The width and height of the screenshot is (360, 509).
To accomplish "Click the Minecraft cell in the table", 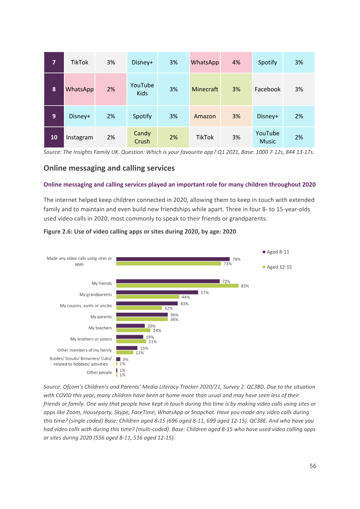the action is pos(205,89).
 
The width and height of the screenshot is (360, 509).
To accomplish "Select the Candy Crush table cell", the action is pos(142,137).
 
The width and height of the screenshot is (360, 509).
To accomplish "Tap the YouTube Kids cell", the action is pos(142,89).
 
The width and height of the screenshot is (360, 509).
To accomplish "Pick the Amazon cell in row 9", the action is pos(205,116).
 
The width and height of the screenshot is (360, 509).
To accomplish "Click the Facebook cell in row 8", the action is pos(267,89).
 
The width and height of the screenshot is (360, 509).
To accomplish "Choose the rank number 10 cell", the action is pos(54,137).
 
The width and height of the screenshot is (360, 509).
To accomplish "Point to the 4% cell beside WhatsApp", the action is pos(236,63).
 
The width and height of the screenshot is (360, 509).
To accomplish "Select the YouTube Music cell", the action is pos(267,137).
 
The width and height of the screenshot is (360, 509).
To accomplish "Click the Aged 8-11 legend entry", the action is pos(276,252).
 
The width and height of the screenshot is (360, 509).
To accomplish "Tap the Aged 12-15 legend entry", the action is pos(277,267).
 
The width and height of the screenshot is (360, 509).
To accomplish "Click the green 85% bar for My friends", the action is pos(177,286).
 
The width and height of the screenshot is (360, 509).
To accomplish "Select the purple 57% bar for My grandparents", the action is pos(157,292).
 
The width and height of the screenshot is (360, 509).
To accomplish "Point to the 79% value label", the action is pos(237,259).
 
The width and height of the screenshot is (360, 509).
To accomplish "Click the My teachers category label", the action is pos(100,328).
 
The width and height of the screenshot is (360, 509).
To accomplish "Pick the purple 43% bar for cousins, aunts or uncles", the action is pos(147,304).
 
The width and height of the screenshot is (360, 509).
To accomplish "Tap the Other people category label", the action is pos(99,372).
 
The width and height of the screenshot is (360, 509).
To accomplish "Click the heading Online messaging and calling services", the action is pos(109,168).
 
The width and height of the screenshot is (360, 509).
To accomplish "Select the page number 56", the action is pos(313,466).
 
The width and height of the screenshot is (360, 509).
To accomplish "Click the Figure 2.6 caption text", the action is pos(139,232).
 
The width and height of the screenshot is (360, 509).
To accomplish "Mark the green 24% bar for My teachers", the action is pos(133,330).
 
